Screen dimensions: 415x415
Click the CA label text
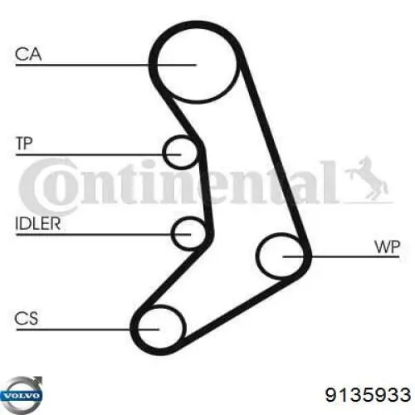click(28, 54)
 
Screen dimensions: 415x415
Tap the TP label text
click(24, 144)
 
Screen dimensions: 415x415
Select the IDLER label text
click(38, 223)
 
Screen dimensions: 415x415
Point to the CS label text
click(27, 318)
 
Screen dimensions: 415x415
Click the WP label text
click(387, 247)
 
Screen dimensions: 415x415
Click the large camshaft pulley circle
click(157, 64)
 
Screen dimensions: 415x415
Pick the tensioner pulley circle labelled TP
click(164, 152)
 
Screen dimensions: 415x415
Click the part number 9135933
click(368, 394)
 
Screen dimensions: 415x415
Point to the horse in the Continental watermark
click(367, 178)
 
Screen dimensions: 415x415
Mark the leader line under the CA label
click(106, 65)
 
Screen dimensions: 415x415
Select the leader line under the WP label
click(341, 256)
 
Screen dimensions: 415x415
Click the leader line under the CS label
click(88, 330)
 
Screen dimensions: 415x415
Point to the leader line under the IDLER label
click(104, 235)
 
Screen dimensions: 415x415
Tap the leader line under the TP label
click(98, 154)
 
